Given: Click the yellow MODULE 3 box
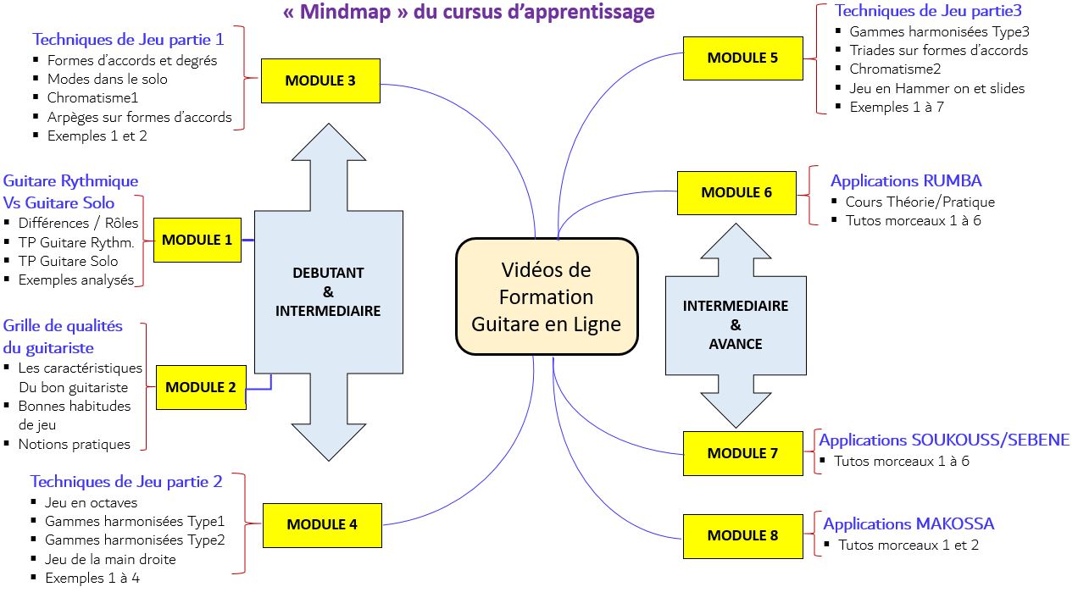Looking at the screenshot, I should pos(320,81).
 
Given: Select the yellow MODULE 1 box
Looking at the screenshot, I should pos(197,240).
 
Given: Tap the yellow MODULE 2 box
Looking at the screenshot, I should pos(201,387).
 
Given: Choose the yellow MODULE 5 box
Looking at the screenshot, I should pos(742,58).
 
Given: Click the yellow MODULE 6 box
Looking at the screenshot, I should pos(736,192).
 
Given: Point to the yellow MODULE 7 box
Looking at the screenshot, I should pos(742,453).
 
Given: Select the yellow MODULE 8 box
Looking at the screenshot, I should pos(742,535).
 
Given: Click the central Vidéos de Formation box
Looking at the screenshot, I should pos(547,296).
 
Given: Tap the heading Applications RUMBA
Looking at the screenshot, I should pos(906,180).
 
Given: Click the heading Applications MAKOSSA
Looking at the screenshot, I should pos(909,523).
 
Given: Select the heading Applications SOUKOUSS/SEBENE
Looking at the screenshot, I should pos(944,440).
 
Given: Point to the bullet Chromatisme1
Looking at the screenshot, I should pos(93,97).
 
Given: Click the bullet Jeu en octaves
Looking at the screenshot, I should pos(91,502).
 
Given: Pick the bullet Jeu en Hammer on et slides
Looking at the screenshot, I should pos(937,88).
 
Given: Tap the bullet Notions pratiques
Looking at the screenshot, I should pos(75,444).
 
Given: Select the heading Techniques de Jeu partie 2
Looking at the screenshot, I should pos(126,481).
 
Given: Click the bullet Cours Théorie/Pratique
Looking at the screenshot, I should pos(920,202).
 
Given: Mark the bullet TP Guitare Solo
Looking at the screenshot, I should pos(69,261).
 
